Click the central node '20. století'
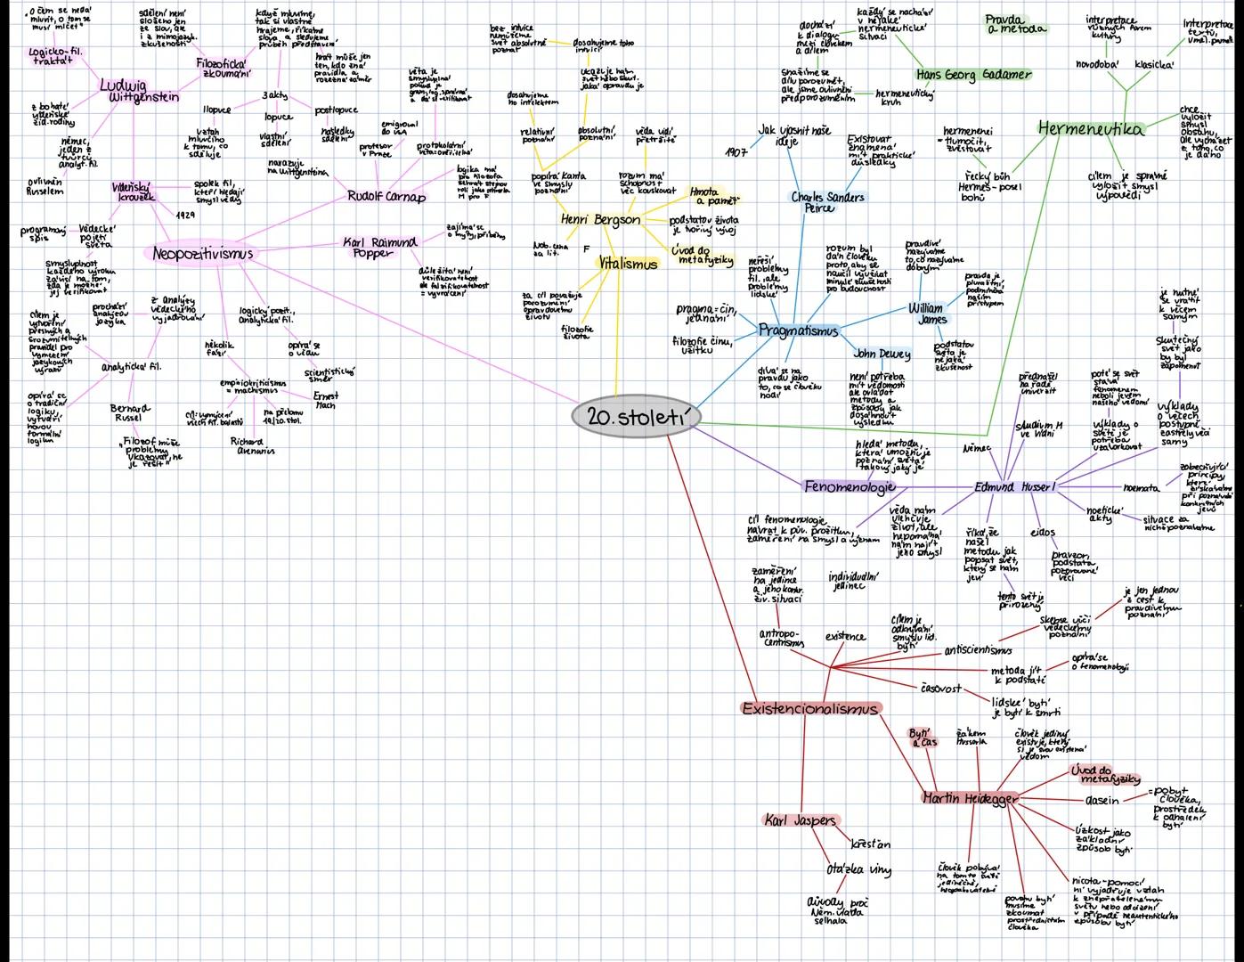(635, 417)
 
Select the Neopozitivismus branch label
(202, 254)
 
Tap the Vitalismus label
(628, 264)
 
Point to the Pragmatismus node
(798, 330)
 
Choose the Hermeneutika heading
(1091, 129)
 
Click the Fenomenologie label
(850, 486)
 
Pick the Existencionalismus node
(810, 709)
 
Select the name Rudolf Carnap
(386, 196)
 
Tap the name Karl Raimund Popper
(380, 247)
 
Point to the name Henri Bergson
(600, 219)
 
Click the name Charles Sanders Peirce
(827, 201)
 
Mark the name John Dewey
(882, 354)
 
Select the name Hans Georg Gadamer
(973, 75)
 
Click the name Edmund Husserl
(1014, 487)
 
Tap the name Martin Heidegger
(969, 798)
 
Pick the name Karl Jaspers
(801, 820)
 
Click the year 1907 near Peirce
(736, 151)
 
